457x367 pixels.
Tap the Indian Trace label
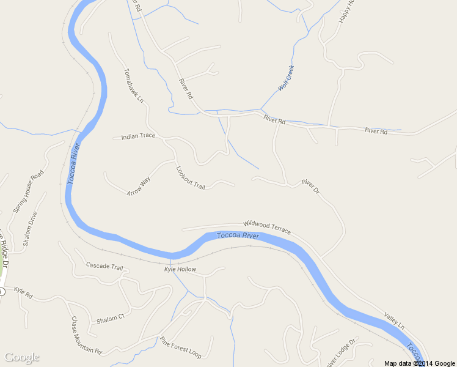click(138, 136)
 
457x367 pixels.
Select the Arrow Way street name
click(139, 185)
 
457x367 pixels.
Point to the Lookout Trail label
click(191, 177)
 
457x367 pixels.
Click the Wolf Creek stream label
click(287, 78)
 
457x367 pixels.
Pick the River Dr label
click(310, 187)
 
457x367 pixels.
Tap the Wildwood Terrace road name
click(267, 227)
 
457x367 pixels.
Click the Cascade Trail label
click(104, 266)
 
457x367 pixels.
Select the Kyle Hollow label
click(180, 269)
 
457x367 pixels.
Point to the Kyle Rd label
click(23, 292)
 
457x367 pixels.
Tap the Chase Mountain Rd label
click(86, 336)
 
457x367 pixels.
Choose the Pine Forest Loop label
click(180, 347)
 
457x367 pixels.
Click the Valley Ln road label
click(394, 321)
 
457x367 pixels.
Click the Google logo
click(22, 358)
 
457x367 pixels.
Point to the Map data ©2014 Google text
click(420, 363)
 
